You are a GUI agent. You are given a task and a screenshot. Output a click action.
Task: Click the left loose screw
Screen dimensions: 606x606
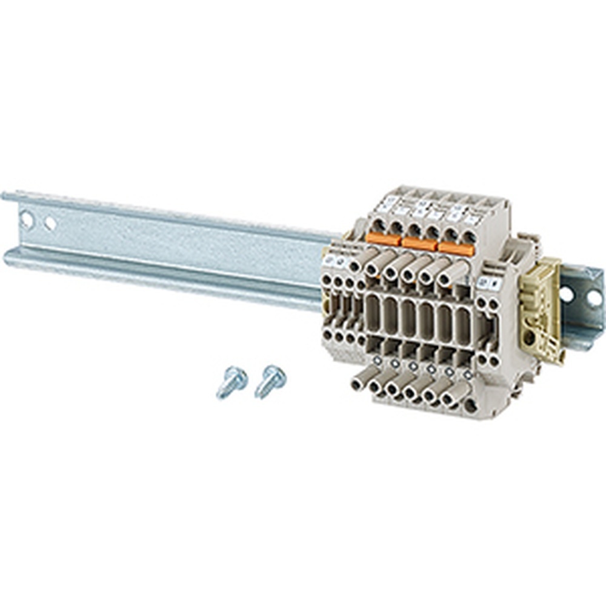(231, 381)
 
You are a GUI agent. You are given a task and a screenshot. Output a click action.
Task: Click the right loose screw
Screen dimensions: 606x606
(270, 380)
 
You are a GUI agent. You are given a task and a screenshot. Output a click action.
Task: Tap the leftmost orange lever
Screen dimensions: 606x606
(383, 239)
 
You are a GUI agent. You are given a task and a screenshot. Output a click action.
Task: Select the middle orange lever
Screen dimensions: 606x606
(419, 244)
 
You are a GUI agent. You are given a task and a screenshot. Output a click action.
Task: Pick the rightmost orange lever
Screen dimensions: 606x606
(456, 248)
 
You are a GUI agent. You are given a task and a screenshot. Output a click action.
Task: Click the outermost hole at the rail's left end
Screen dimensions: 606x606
(27, 219)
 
